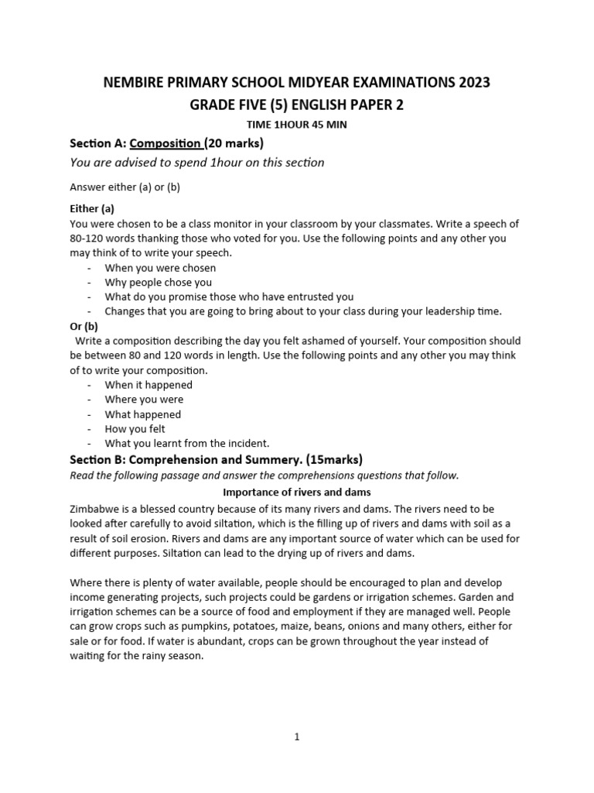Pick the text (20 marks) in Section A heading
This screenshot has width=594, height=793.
234,142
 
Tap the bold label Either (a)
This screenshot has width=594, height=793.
92,208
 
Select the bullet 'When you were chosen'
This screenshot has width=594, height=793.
160,268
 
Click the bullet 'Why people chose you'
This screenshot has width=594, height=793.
158,283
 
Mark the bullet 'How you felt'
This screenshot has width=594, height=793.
135,429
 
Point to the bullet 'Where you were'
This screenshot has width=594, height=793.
144,400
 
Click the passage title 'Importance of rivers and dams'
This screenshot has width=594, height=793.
297,492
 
